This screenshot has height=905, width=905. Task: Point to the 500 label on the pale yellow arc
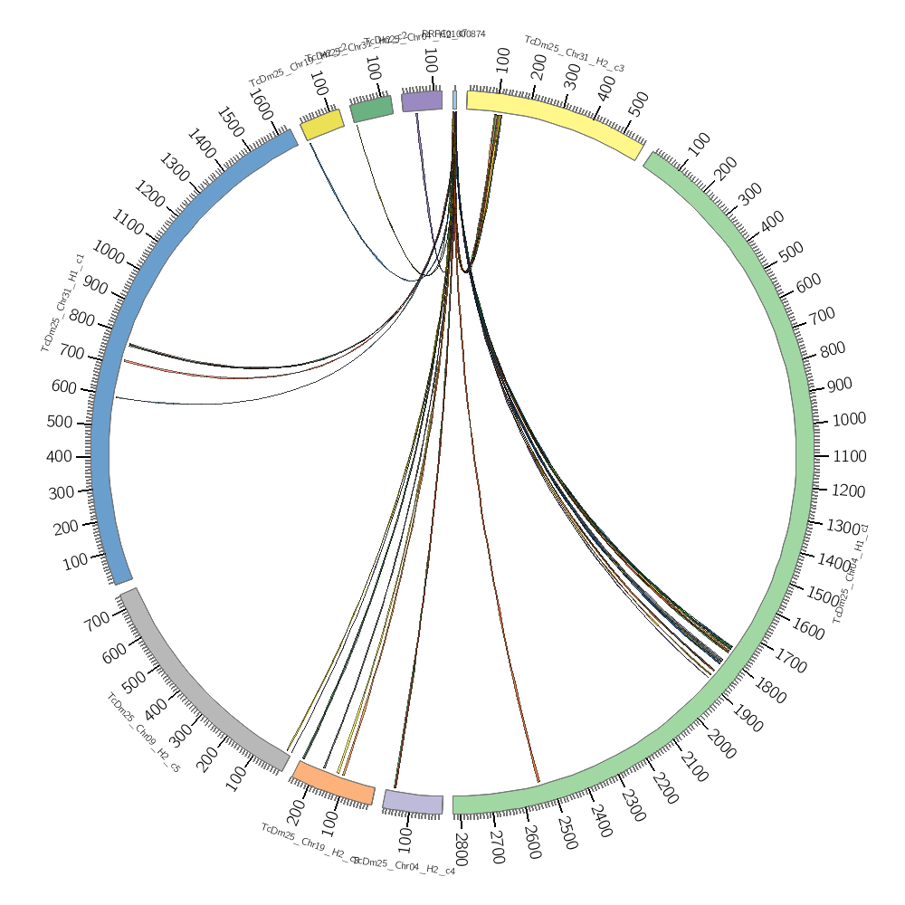click(x=637, y=104)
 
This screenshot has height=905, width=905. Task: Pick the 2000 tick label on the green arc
click(x=720, y=745)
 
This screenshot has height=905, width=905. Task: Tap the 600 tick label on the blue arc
click(x=63, y=386)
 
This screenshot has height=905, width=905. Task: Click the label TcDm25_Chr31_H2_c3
click(x=574, y=54)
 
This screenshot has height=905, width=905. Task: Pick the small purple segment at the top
click(x=422, y=100)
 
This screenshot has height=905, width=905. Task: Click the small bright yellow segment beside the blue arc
click(x=322, y=125)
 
